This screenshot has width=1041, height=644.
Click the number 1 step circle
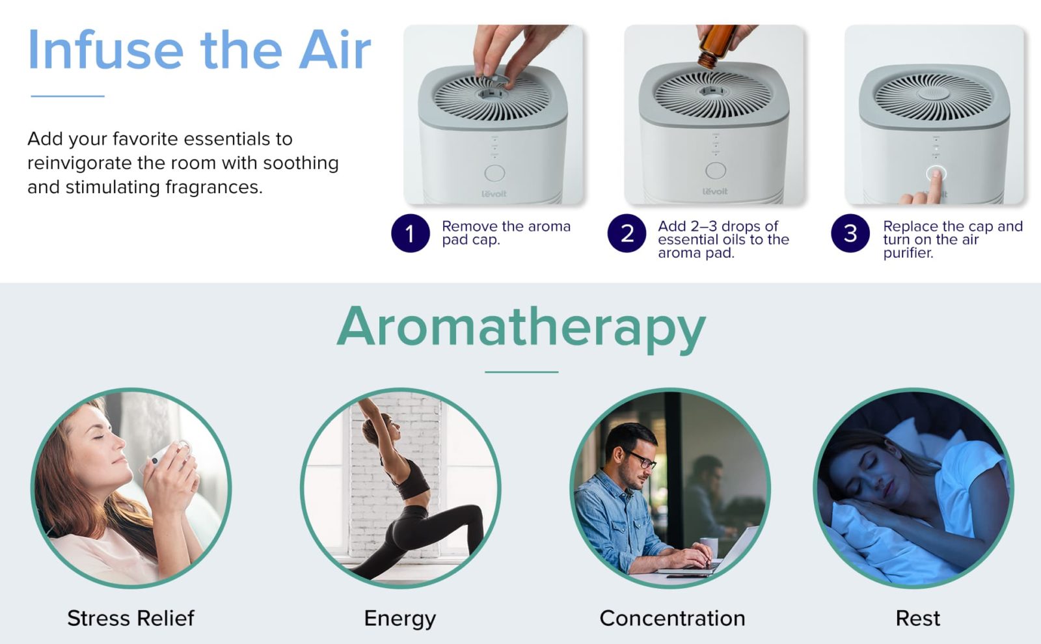[x=410, y=234]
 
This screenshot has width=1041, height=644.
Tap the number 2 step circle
[x=627, y=234]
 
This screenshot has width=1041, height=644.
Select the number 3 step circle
[x=850, y=234]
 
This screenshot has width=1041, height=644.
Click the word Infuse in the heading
[x=106, y=49]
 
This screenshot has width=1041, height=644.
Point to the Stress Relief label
[x=131, y=619]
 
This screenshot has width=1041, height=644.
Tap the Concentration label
[x=673, y=619]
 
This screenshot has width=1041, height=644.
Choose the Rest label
[x=918, y=619]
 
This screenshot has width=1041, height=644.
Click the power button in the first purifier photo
[x=494, y=173]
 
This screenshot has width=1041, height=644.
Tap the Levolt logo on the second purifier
[x=715, y=191]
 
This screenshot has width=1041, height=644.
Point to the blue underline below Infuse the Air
[x=68, y=96]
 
